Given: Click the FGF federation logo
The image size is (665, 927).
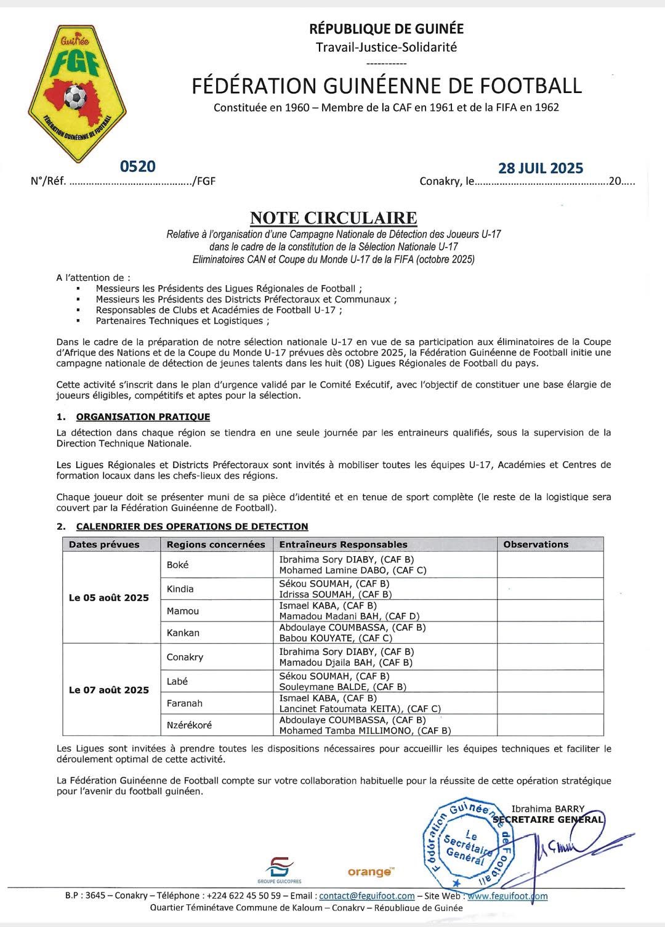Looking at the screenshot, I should pyautogui.click(x=77, y=94).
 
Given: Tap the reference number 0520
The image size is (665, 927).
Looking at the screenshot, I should pyautogui.click(x=138, y=166).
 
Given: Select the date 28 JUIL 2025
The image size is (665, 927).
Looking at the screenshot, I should pyautogui.click(x=540, y=168).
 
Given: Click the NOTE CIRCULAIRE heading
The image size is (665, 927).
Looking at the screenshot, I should pyautogui.click(x=333, y=218).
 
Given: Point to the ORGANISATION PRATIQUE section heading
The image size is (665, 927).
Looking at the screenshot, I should pyautogui.click(x=143, y=417).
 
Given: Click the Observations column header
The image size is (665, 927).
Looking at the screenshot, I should pyautogui.click(x=535, y=544).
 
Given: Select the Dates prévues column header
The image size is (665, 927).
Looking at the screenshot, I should pyautogui.click(x=104, y=544).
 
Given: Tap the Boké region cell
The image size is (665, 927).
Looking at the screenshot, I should pyautogui.click(x=178, y=565).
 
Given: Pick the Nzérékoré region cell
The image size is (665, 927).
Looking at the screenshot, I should pyautogui.click(x=189, y=725).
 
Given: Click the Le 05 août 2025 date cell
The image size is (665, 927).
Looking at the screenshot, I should pyautogui.click(x=109, y=597).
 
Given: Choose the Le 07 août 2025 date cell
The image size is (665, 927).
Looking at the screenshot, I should pyautogui.click(x=109, y=690).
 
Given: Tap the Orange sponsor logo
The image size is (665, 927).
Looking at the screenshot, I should pyautogui.click(x=370, y=872).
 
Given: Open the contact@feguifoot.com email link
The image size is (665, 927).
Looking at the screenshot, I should pyautogui.click(x=367, y=896).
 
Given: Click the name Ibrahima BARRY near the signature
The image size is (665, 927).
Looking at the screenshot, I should pyautogui.click(x=547, y=809).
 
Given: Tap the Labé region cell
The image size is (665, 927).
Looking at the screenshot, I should pyautogui.click(x=177, y=681).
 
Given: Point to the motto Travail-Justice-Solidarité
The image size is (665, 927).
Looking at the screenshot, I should pyautogui.click(x=386, y=47).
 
